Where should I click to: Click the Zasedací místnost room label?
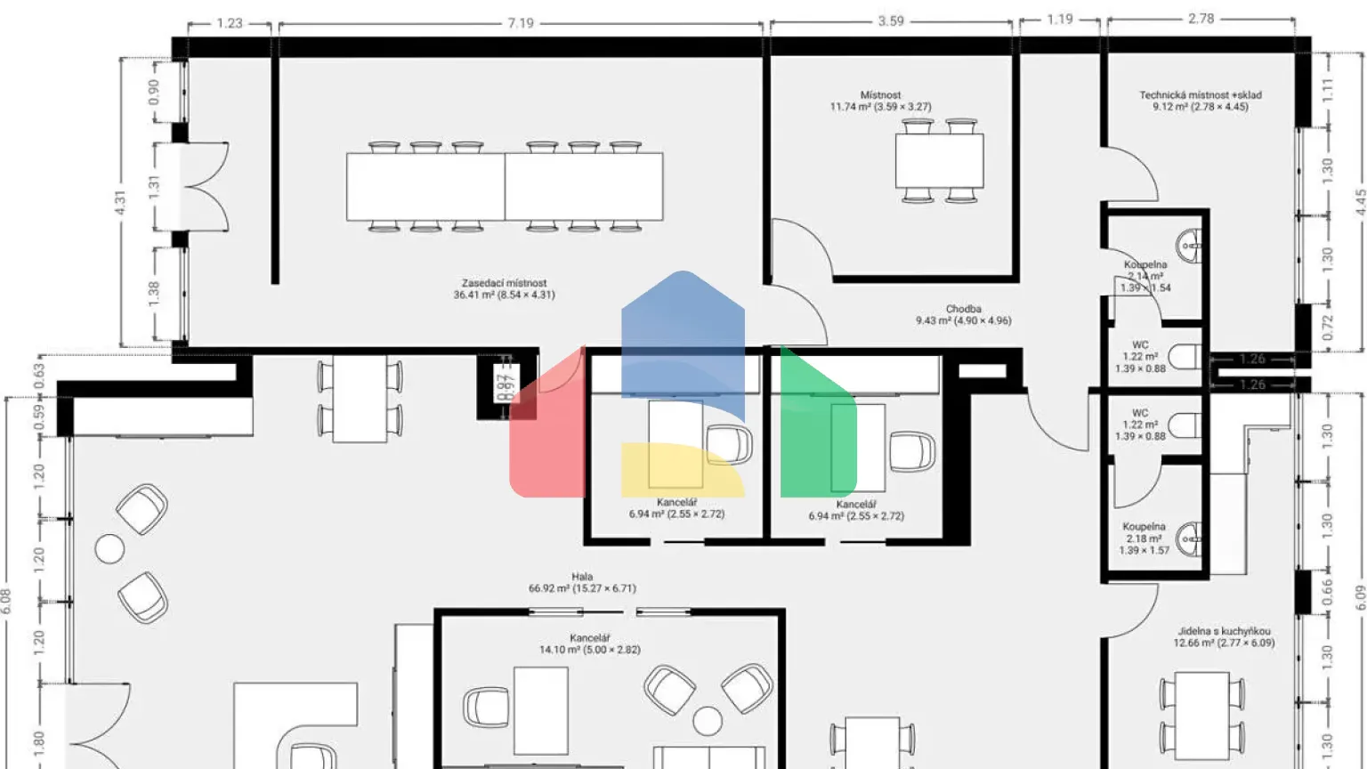pyautogui.click(x=504, y=289)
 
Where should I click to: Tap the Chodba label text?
pyautogui.click(x=963, y=315)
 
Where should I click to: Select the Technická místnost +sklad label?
pyautogui.click(x=1200, y=101)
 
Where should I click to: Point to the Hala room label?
pyautogui.click(x=582, y=582)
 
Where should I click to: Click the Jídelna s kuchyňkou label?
pyautogui.click(x=1223, y=636)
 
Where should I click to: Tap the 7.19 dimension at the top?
pyautogui.click(x=521, y=23)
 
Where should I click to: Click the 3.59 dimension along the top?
pyautogui.click(x=890, y=20)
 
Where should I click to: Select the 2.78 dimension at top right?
pyautogui.click(x=1201, y=18)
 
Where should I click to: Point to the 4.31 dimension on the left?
pyautogui.click(x=120, y=202)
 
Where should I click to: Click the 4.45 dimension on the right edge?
pyautogui.click(x=1360, y=202)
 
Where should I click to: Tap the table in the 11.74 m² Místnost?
pyautogui.click(x=939, y=161)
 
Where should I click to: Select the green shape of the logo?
pyautogui.click(x=815, y=427)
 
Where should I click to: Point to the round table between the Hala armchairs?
pyautogui.click(x=109, y=548)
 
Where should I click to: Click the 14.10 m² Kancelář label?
pyautogui.click(x=589, y=644)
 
